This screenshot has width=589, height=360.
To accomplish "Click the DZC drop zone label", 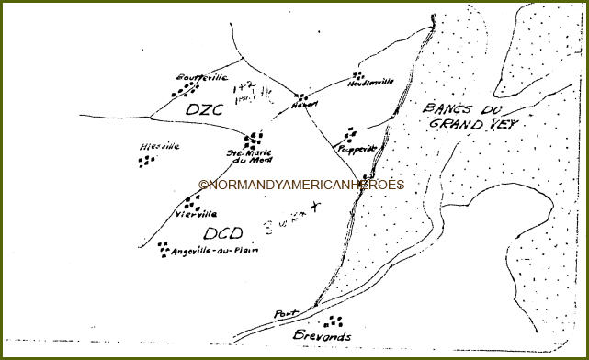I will point(205,110).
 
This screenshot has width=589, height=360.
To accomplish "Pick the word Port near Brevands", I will point(286,314).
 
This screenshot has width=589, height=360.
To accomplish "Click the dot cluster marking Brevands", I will point(333,321).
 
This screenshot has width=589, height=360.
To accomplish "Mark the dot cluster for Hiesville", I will point(145,161).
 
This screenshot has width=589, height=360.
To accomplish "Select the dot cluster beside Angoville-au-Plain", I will point(163,247).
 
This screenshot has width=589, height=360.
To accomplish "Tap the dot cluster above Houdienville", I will point(357,75).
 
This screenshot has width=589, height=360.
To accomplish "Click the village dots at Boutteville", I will point(185,90).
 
